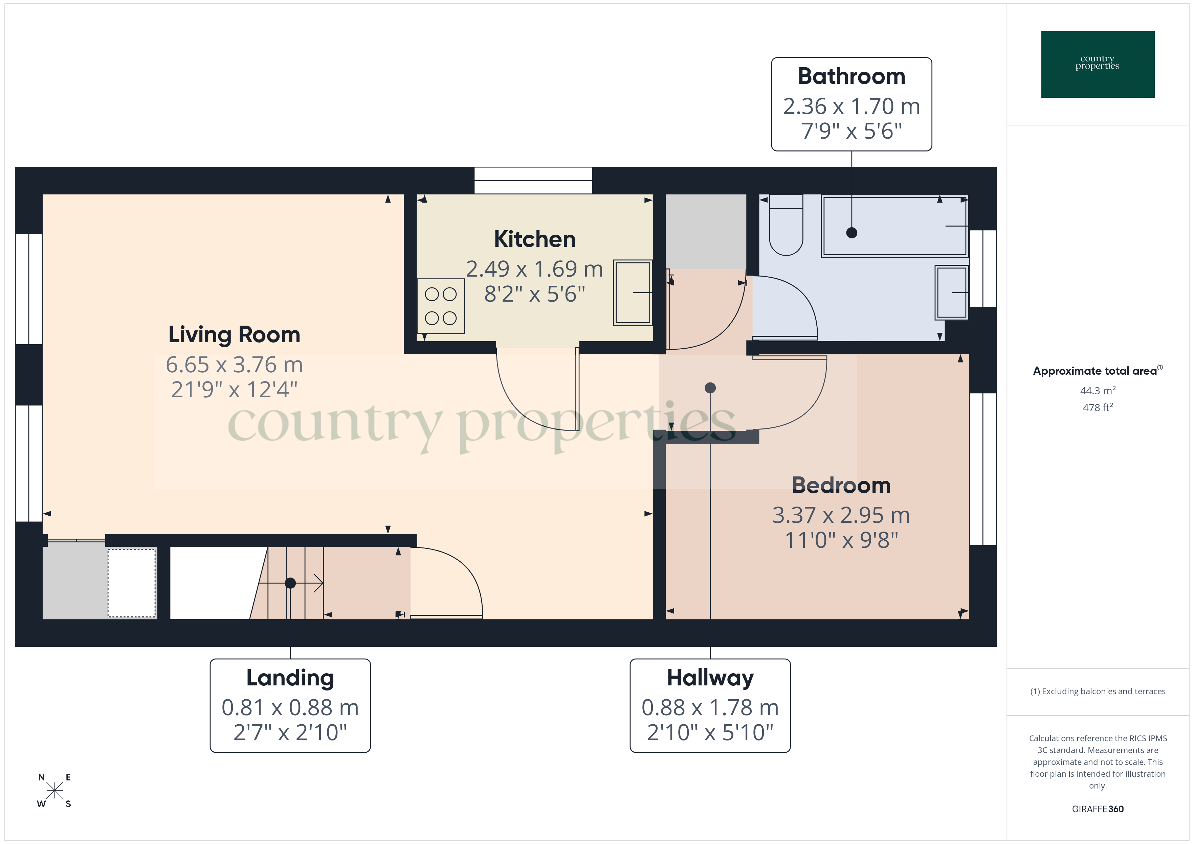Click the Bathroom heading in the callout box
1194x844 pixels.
(x=851, y=76)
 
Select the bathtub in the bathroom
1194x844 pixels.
(x=894, y=226)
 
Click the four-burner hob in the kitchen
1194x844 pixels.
(x=440, y=306)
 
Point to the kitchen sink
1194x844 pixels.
(x=632, y=292)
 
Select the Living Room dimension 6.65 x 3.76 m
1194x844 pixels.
(x=234, y=365)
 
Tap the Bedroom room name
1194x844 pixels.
(x=841, y=486)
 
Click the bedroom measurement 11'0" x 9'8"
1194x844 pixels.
(x=841, y=540)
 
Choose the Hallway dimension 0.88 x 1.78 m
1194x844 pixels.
(x=710, y=707)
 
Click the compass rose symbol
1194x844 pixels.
(x=54, y=791)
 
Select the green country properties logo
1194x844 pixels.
(x=1097, y=65)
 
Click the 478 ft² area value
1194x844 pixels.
(x=1097, y=407)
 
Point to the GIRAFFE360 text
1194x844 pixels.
(x=1097, y=809)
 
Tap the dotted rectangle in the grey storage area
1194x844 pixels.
(x=132, y=583)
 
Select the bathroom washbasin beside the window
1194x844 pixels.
(x=951, y=292)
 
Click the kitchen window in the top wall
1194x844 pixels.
(x=533, y=180)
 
